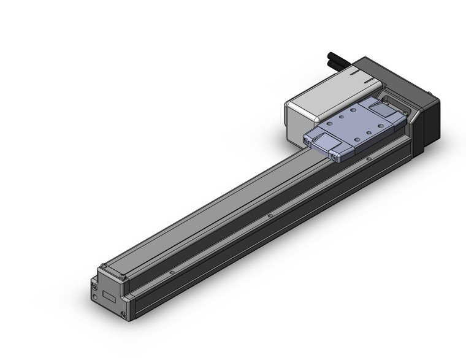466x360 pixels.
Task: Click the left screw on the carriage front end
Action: coord(308,142)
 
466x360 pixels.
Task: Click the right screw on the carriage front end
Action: coord(335,158)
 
